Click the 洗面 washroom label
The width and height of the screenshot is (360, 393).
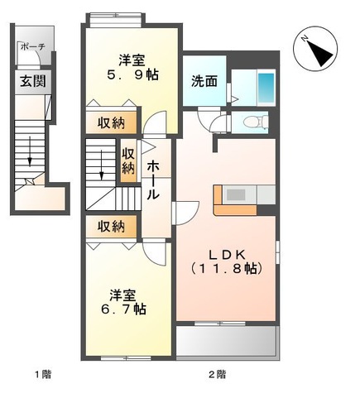(204, 81)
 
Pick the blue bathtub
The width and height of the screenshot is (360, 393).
(265, 86)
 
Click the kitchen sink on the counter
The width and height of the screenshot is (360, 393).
(234, 195)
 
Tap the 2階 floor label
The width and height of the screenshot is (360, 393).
(217, 374)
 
